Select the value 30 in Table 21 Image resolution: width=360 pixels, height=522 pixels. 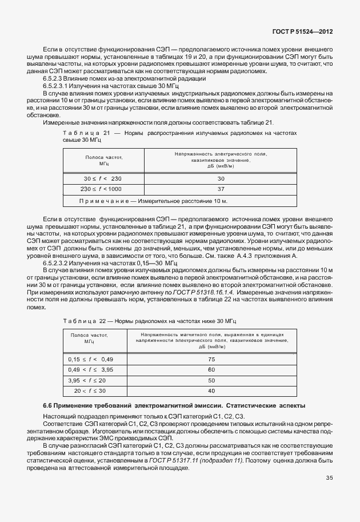tap(221, 179)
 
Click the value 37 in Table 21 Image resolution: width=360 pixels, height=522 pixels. tap(221, 189)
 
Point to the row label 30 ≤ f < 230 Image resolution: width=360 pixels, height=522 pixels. tap(102, 179)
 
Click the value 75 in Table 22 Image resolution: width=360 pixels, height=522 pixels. tap(211, 359)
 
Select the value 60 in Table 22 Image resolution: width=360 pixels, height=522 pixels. tap(211, 369)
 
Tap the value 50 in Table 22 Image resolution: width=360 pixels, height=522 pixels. tap(211, 380)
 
